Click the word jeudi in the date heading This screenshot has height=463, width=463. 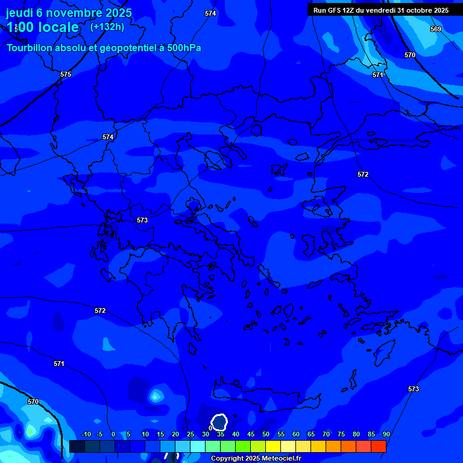pyautogui.click(x=19, y=13)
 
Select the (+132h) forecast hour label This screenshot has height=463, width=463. pyautogui.click(x=107, y=27)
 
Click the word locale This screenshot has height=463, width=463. pyautogui.click(x=57, y=27)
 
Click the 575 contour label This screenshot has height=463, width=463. pyautogui.click(x=66, y=74)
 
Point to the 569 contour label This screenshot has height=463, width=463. pyautogui.click(x=435, y=29)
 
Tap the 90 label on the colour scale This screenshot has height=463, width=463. pyautogui.click(x=386, y=434)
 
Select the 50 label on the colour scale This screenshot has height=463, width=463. pyautogui.click(x=265, y=434)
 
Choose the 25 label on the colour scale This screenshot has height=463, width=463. pyautogui.click(x=190, y=434)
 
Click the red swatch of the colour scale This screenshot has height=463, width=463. pyautogui.click(x=378, y=446)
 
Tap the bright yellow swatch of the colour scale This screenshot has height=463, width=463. pyautogui.click(x=272, y=446)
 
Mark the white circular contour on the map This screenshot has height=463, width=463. pyautogui.click(x=219, y=422)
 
